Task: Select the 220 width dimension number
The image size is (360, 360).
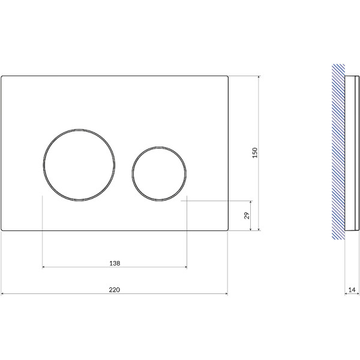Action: click(x=115, y=289)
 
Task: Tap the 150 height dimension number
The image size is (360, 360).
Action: click(x=254, y=152)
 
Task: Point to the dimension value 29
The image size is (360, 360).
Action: click(x=247, y=215)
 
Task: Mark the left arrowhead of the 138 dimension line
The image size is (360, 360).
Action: click(x=44, y=267)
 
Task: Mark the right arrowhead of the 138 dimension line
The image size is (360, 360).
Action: click(x=186, y=267)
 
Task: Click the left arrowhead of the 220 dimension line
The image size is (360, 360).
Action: click(x=2, y=293)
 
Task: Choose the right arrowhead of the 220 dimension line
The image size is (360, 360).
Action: click(x=227, y=293)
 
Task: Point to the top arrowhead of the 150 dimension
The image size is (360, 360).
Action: click(x=259, y=77)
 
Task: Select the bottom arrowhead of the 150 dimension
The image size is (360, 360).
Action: click(x=259, y=229)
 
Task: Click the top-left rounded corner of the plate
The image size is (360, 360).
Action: click(x=3, y=77)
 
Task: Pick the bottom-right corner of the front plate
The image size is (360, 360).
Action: click(x=227, y=230)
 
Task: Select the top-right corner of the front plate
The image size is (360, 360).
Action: click(x=227, y=76)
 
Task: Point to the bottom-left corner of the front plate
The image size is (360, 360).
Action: click(x=3, y=230)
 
